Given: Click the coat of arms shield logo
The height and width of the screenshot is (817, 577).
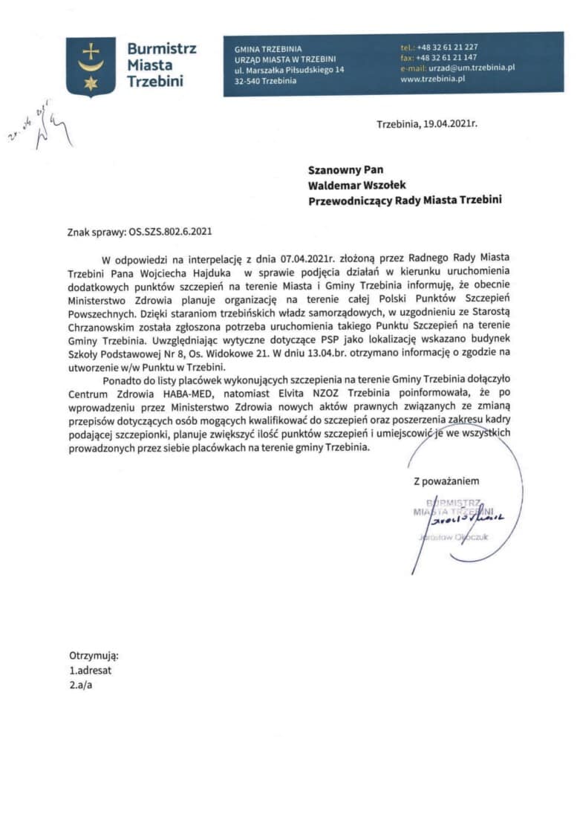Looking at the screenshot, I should click(91, 67).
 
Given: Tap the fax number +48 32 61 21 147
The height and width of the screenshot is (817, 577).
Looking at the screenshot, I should click(448, 57).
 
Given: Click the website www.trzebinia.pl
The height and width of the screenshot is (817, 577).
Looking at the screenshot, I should click(432, 78).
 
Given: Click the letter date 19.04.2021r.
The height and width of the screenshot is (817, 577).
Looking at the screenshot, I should click(449, 124).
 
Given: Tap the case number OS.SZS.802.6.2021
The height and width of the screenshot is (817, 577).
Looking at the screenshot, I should click(170, 231).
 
